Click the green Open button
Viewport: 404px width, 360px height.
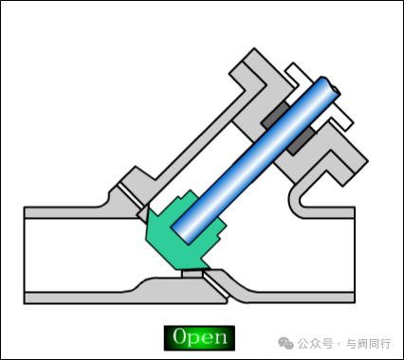coord(199,336)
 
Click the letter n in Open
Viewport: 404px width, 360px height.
coord(220,337)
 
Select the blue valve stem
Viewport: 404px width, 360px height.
coord(256,161)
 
